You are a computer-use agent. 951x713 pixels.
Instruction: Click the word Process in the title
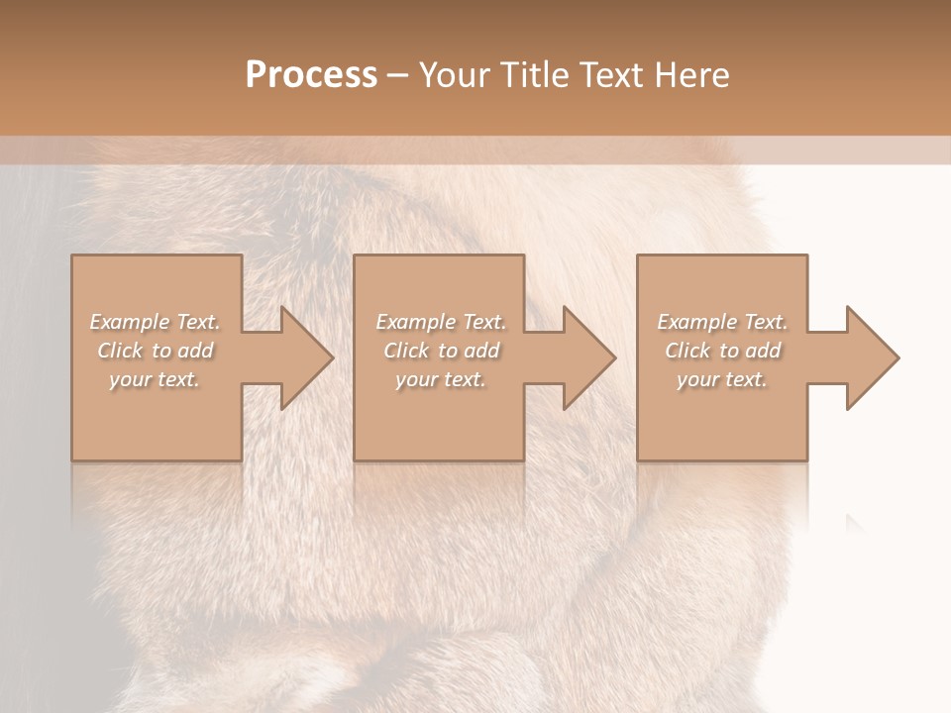(311, 75)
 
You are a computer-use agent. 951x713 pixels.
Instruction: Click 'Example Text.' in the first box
(156, 322)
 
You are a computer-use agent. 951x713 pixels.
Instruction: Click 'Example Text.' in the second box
(441, 322)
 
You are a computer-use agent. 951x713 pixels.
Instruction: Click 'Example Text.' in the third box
(722, 322)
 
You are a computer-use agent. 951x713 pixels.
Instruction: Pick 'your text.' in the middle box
(440, 379)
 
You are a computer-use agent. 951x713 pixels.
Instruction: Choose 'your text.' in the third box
(721, 379)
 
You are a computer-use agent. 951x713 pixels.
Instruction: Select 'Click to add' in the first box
(156, 351)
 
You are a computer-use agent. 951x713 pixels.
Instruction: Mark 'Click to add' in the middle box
(441, 351)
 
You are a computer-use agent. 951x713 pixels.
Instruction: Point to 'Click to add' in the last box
(722, 351)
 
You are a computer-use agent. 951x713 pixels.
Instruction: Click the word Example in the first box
(130, 322)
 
